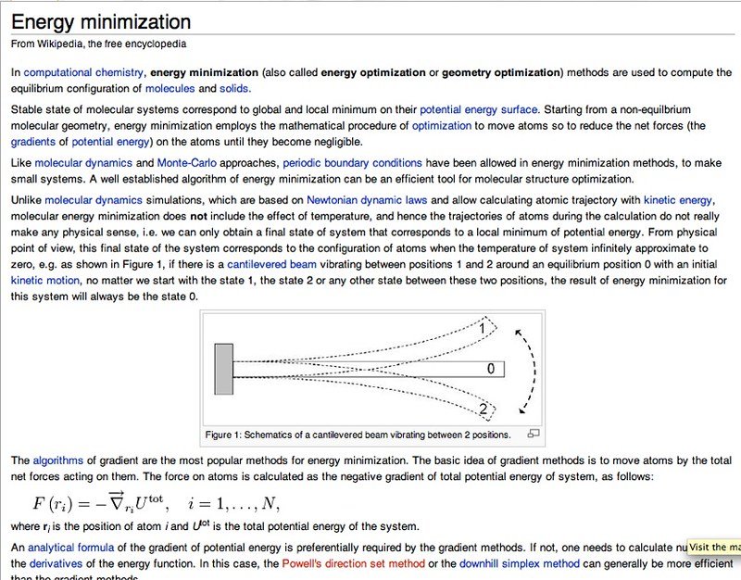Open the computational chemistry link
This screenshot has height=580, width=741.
[83, 72]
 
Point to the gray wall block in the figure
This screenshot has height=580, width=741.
[223, 368]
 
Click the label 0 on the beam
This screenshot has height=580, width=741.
[491, 369]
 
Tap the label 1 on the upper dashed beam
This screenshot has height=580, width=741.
[483, 327]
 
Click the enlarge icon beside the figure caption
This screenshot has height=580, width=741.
[533, 434]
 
